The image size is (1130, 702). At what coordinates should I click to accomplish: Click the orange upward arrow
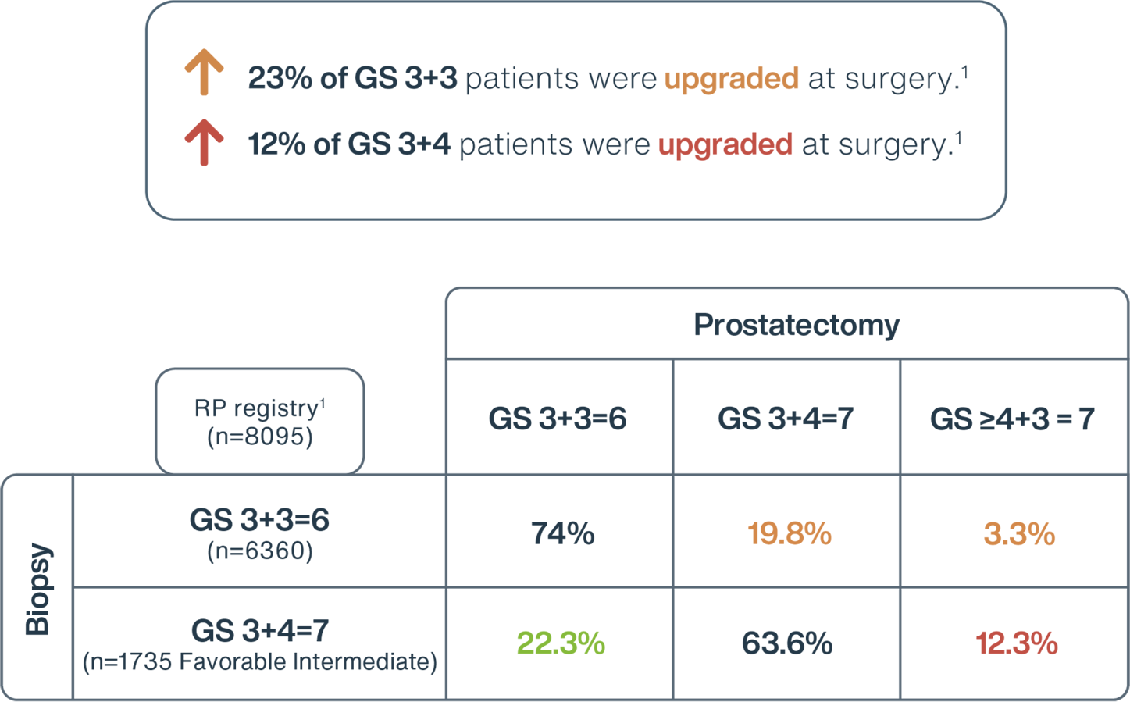(204, 72)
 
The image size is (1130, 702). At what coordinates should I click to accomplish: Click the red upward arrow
(204, 142)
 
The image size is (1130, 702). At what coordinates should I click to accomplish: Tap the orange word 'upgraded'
(732, 80)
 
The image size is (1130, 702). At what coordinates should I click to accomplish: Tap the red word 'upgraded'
(725, 145)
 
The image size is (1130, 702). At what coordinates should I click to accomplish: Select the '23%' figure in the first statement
(280, 78)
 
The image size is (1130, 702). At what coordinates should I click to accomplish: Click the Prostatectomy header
(797, 325)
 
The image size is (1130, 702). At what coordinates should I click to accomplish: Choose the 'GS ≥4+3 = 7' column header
(1012, 419)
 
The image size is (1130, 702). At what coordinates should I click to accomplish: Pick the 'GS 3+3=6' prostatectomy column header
(558, 419)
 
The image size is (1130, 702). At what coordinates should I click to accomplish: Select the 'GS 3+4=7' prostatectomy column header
(786, 419)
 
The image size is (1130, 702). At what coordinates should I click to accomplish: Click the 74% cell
(562, 533)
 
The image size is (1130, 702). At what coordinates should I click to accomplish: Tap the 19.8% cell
(789, 533)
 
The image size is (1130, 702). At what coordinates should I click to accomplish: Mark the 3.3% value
(1019, 533)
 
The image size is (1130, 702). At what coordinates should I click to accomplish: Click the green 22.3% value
(561, 643)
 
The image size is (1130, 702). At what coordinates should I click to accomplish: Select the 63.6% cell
(787, 643)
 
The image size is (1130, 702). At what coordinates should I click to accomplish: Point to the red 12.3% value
(1017, 643)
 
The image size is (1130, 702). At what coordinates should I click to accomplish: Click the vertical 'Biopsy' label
(37, 589)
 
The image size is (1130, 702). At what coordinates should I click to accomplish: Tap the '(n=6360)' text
(260, 551)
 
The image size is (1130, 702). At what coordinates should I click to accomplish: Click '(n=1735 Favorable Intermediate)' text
(260, 661)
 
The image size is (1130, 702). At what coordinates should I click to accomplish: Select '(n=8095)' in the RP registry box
(260, 437)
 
